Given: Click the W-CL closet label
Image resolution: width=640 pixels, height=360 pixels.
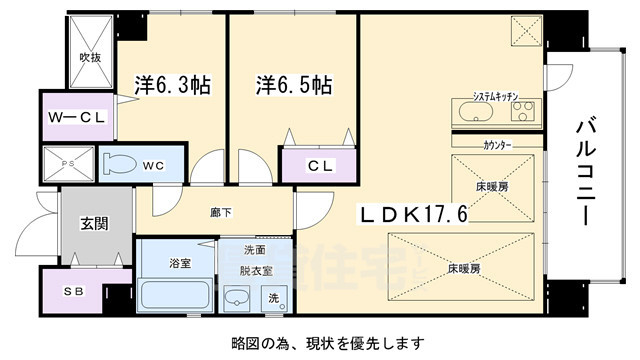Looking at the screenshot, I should click(77, 117).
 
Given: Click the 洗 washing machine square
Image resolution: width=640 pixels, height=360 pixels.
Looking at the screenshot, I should click(275, 297).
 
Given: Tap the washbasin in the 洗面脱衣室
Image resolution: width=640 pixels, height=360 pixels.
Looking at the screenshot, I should click(237, 298).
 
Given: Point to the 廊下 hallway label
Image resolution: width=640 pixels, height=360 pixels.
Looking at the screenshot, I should click(222, 212).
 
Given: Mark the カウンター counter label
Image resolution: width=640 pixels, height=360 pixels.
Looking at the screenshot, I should click(497, 146).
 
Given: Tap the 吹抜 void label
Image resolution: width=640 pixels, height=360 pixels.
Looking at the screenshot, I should click(91, 58).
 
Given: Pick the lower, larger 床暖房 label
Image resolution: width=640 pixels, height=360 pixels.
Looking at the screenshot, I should click(463, 268).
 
